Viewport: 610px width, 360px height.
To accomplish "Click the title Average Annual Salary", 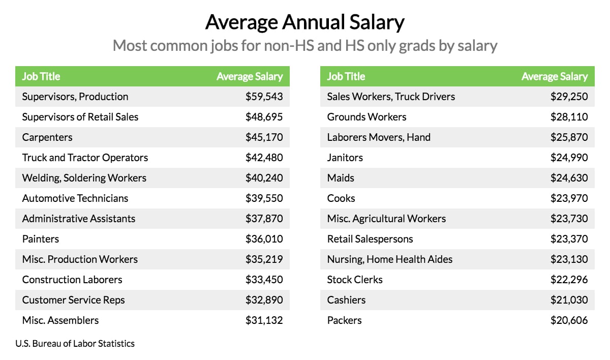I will (x=304, y=22).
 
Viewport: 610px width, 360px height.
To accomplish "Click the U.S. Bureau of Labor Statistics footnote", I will (x=75, y=344).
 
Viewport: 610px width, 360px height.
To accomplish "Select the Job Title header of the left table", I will (x=41, y=76).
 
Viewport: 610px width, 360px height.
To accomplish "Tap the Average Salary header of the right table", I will (x=554, y=76).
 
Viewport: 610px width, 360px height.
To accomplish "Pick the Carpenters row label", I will (x=47, y=137).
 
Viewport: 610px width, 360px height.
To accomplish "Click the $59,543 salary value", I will (x=264, y=97).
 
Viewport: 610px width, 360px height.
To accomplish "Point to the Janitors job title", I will (x=345, y=158).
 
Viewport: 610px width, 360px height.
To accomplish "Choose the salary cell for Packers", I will (x=569, y=320).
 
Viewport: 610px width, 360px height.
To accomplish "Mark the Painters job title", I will (x=41, y=239).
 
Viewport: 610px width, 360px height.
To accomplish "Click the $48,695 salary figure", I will (x=264, y=117).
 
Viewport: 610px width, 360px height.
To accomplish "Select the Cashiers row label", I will (x=346, y=300).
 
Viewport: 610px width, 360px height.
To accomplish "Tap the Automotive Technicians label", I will (x=75, y=198).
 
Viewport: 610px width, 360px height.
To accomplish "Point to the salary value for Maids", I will (x=569, y=178).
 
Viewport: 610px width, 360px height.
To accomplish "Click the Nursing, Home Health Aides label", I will (x=389, y=259).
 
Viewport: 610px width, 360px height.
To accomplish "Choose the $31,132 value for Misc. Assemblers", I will (x=264, y=320).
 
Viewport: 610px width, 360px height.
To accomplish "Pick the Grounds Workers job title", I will (x=367, y=117).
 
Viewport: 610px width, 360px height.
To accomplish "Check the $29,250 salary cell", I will (x=569, y=97).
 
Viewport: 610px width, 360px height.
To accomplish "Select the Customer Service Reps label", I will (x=73, y=300).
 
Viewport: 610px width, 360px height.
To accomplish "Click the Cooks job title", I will (x=341, y=198).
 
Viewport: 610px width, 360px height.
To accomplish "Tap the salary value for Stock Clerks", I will (x=569, y=280).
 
